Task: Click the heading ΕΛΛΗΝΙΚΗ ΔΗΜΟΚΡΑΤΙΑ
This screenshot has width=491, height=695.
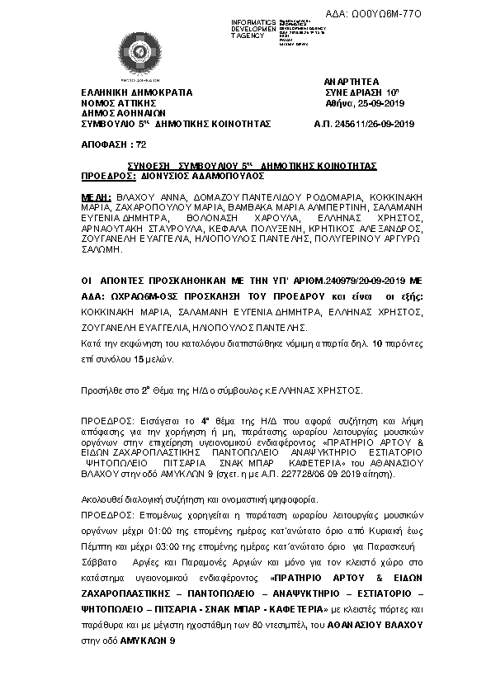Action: [x=136, y=93]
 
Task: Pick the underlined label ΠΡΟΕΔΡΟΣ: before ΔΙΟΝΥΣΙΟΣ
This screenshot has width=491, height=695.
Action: [x=109, y=176]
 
